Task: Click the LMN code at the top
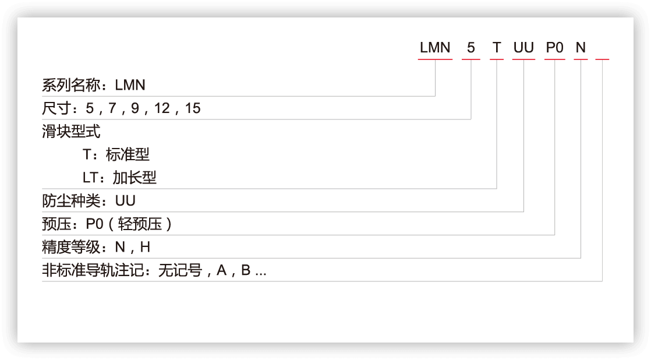(x=435, y=48)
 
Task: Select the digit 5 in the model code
(x=471, y=48)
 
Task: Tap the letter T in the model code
(x=497, y=48)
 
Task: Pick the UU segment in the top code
(x=523, y=48)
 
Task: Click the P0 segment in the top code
(x=554, y=48)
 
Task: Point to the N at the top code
(x=581, y=48)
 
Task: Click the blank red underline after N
(x=602, y=59)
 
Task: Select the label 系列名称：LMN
(x=93, y=85)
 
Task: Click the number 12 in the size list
(x=162, y=108)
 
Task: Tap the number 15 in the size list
(x=193, y=108)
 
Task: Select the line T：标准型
(x=116, y=154)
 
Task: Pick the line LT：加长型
(x=120, y=178)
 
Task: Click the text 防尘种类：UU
(x=89, y=201)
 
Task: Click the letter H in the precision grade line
(x=145, y=247)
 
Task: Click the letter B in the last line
(x=246, y=270)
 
